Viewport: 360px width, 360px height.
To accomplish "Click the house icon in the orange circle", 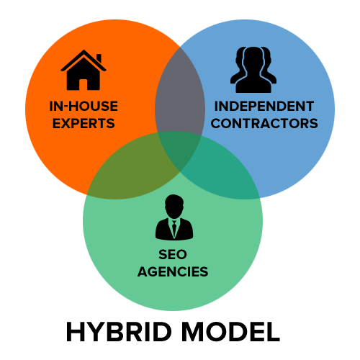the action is [x=84, y=70].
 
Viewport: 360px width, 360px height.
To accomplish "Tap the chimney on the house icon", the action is [x=99, y=58].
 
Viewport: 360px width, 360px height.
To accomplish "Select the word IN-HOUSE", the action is [x=84, y=106].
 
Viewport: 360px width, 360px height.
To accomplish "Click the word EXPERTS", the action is [x=84, y=123].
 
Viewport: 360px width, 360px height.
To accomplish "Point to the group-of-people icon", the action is [x=253, y=70].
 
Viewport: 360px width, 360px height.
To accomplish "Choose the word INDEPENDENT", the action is [x=264, y=106].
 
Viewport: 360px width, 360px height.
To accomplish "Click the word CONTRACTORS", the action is [x=264, y=123].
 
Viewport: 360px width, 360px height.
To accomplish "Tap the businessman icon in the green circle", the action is [x=174, y=217].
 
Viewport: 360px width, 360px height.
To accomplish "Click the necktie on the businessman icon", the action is [x=174, y=228].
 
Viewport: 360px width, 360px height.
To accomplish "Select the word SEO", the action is [x=173, y=254].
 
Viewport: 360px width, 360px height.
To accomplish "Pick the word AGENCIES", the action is [x=173, y=271].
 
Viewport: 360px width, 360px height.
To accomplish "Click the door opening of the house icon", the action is [x=83, y=84].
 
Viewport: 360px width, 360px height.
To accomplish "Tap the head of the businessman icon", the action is [x=174, y=206].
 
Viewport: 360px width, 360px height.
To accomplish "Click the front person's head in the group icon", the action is [x=253, y=59].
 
